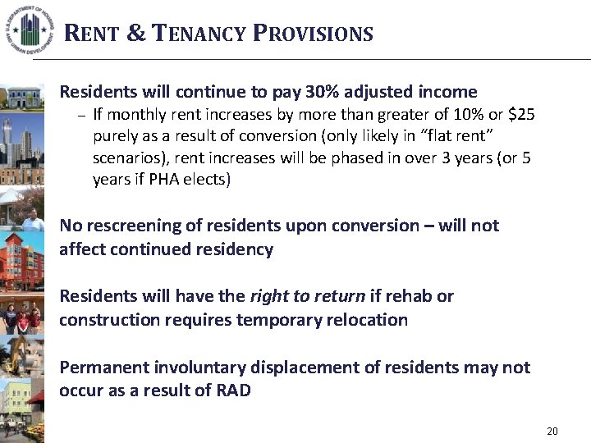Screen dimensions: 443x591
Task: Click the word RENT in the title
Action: pyautogui.click(x=92, y=34)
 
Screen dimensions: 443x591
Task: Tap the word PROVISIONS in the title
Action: pyautogui.click(x=313, y=34)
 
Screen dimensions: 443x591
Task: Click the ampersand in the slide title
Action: pyautogui.click(x=136, y=34)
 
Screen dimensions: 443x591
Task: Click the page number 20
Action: pyautogui.click(x=552, y=431)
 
